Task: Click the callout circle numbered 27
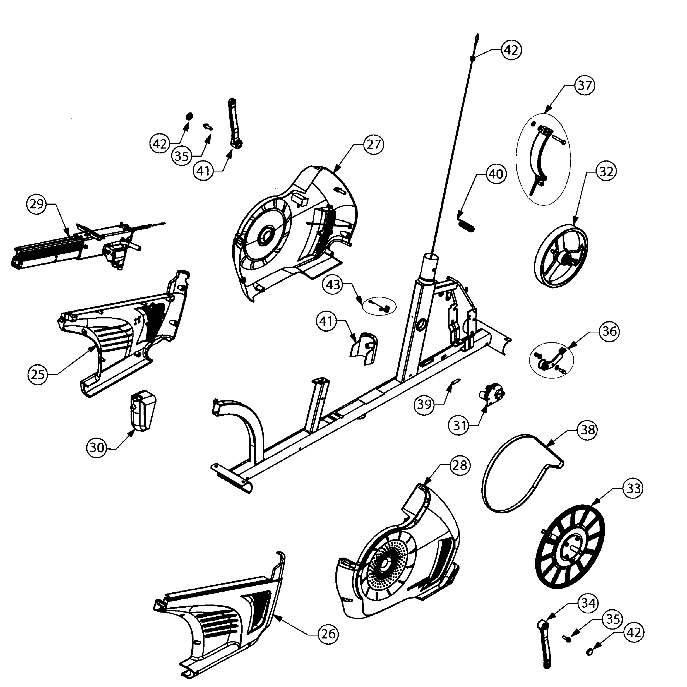(x=373, y=145)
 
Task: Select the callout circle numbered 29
(x=37, y=204)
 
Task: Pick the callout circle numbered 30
(x=97, y=448)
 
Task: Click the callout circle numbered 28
(x=460, y=465)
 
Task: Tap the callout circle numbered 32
(x=607, y=172)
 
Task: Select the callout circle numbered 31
(x=460, y=425)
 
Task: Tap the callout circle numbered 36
(x=609, y=331)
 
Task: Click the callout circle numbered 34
(x=588, y=603)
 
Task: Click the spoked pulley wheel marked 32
(x=561, y=256)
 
